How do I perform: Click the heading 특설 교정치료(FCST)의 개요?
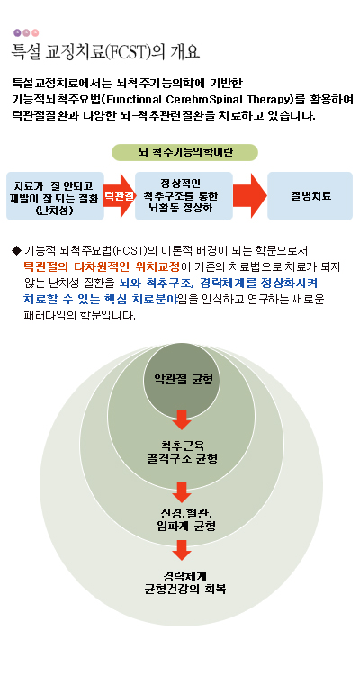[105, 52]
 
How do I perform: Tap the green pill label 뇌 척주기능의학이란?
[184, 152]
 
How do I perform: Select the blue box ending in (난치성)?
[55, 196]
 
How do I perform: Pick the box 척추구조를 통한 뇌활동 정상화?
[184, 196]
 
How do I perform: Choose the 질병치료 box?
[310, 196]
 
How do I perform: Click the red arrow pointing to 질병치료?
[250, 196]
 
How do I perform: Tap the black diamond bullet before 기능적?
[16, 250]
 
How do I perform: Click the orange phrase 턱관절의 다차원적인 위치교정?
[102, 266]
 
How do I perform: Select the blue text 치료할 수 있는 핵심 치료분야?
[100, 299]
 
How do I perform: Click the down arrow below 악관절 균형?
[182, 419]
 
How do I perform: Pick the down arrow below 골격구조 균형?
[182, 492]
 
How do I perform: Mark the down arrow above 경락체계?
[182, 550]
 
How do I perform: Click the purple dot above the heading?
[17, 32]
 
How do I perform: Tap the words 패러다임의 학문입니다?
[80, 316]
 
